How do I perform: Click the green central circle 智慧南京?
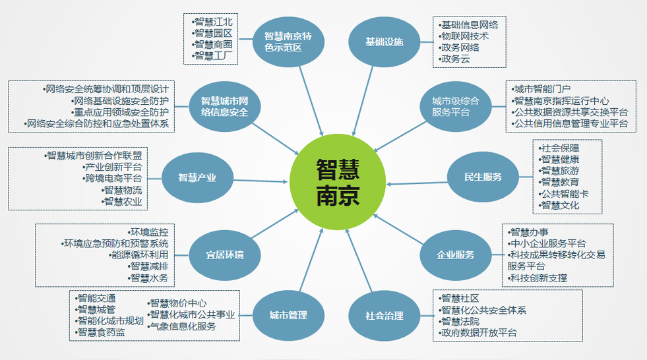coord(338,182)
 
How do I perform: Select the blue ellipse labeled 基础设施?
coord(384,42)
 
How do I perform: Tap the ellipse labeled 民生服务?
coord(483,177)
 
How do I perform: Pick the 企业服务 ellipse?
coord(456,255)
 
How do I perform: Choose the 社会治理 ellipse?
coord(384,316)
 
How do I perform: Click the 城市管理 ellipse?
coord(288,315)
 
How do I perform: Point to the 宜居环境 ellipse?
coord(224,255)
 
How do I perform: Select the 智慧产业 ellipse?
coord(197,178)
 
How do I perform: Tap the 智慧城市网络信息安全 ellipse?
coord(224,106)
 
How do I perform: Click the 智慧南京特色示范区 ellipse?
coord(288,42)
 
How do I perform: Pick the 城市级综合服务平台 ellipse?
coord(456,106)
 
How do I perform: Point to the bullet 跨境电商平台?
coord(112,178)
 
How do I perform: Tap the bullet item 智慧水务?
coord(148,278)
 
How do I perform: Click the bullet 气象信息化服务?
coord(182,326)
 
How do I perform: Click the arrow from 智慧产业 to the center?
coord(261,181)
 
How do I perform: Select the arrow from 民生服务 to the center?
coord(417,183)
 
